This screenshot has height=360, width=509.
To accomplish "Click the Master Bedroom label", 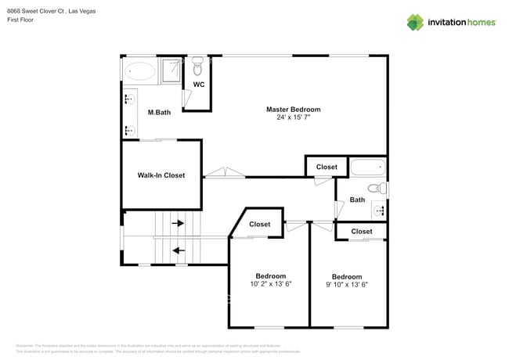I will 293,110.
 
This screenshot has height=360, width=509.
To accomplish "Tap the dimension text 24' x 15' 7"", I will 293,118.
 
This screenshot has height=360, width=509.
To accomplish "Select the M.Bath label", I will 159,113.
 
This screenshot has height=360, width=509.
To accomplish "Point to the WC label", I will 199,85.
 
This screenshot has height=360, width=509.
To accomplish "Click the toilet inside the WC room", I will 197,63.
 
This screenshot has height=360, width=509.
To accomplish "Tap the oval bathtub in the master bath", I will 141,71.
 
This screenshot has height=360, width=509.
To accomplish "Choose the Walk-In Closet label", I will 161,175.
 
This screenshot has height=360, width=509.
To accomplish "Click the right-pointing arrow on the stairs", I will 178,224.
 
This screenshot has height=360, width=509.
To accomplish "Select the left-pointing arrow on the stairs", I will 178,251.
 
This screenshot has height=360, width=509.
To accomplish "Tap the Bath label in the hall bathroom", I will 357,200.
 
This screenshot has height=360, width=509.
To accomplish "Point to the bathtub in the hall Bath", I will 367,167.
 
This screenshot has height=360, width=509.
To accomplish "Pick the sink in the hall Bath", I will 379,210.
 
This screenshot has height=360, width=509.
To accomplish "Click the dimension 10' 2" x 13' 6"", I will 270,285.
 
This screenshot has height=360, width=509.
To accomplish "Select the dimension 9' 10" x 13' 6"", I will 347,285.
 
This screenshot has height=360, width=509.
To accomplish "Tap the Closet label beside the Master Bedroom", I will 327,167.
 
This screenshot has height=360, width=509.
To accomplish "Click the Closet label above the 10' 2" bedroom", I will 260,225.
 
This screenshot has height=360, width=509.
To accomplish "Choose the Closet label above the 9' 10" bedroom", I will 361,232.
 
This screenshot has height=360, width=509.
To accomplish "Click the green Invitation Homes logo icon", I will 414,22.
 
